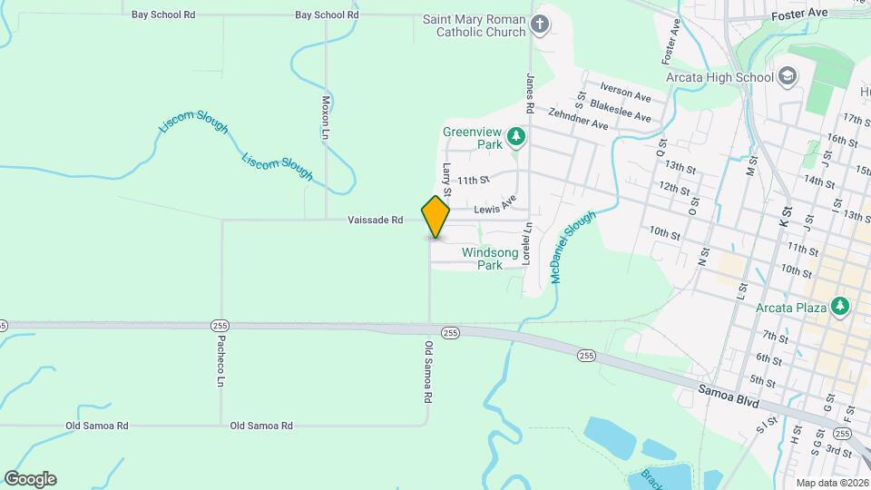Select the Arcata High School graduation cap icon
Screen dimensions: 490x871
point(787,76)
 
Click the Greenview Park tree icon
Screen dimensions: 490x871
point(516,137)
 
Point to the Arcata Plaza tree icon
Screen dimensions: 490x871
point(841,307)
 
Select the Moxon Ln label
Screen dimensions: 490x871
point(326,118)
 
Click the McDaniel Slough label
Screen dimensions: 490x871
point(573,246)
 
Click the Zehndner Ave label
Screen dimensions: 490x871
point(577,118)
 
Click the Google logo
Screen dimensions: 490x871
point(31,479)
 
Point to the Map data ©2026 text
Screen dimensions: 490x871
point(831,484)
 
